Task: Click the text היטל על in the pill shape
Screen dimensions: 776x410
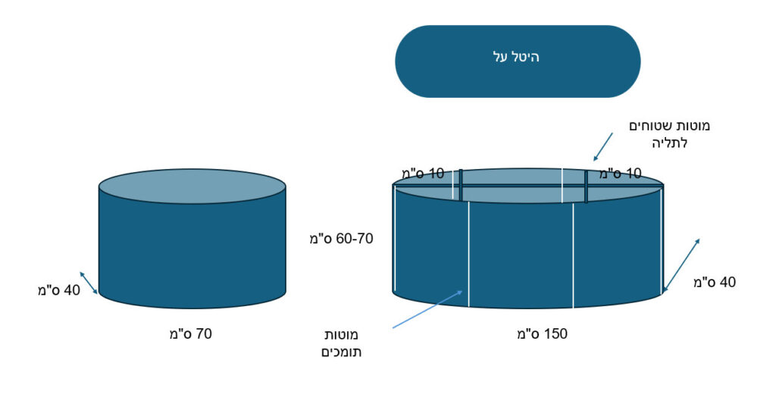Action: click(516, 57)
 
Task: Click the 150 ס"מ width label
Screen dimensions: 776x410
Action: click(543, 333)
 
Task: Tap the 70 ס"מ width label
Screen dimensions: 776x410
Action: click(190, 333)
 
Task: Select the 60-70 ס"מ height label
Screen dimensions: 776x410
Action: click(342, 239)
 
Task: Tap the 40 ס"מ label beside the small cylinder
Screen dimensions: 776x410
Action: click(59, 290)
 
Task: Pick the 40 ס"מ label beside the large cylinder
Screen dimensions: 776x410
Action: click(715, 282)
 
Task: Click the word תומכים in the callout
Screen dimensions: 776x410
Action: click(342, 352)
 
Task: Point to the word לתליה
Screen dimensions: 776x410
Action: click(670, 143)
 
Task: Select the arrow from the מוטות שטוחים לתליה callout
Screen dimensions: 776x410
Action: click(603, 146)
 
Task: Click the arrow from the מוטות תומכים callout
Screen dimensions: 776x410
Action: click(427, 309)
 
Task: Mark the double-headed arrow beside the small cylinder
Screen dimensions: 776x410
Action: click(89, 283)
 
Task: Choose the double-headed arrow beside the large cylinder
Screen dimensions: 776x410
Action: click(681, 265)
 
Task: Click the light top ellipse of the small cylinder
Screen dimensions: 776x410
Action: click(192, 186)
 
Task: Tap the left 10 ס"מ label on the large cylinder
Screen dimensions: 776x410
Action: click(423, 174)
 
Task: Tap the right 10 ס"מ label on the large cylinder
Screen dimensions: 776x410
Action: click(621, 174)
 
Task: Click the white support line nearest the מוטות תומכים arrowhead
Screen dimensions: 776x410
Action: click(468, 254)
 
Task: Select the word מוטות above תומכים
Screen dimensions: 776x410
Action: click(342, 335)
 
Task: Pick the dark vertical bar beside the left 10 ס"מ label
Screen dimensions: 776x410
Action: click(461, 186)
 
